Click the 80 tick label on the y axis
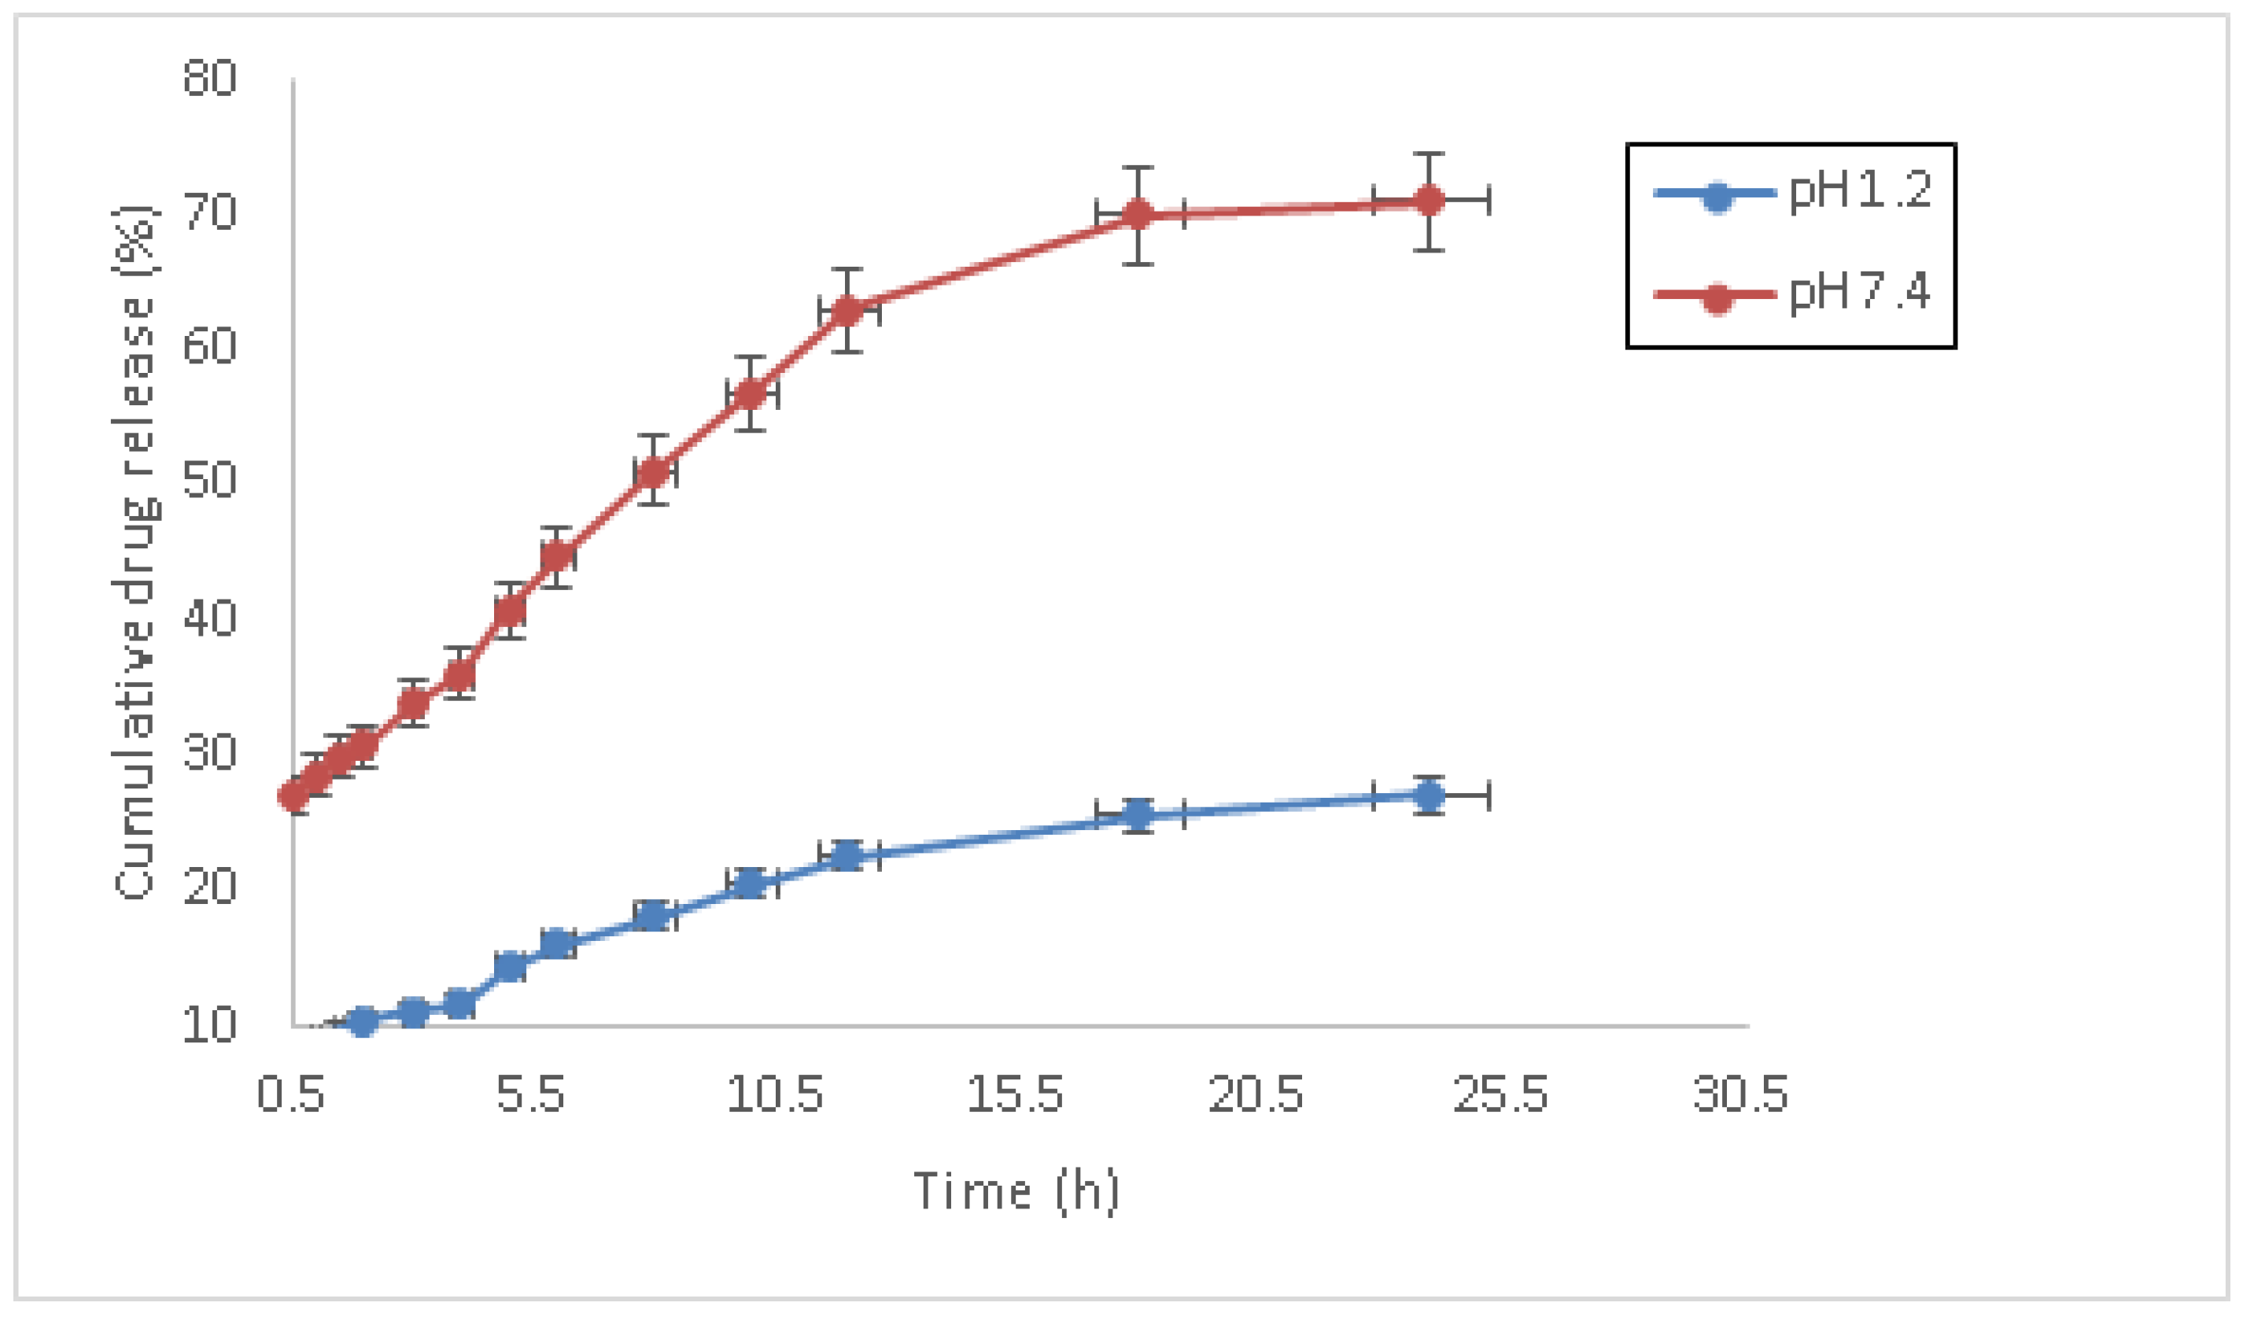click(210, 79)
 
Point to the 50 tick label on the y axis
click(210, 481)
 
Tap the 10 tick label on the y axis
click(210, 1025)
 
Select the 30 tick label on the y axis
click(210, 753)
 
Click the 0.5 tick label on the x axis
click(290, 1094)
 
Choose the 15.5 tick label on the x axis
click(1016, 1094)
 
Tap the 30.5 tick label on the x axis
click(1741, 1094)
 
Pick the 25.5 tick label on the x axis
click(1500, 1094)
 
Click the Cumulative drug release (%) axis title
click(135, 552)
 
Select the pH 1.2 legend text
click(1861, 190)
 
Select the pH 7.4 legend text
click(1861, 292)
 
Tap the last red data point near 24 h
click(1430, 201)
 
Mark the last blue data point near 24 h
click(1430, 795)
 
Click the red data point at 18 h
click(1138, 215)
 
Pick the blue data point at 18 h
click(1138, 814)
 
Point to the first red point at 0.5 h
click(294, 795)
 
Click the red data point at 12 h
click(847, 311)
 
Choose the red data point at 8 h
click(653, 473)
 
